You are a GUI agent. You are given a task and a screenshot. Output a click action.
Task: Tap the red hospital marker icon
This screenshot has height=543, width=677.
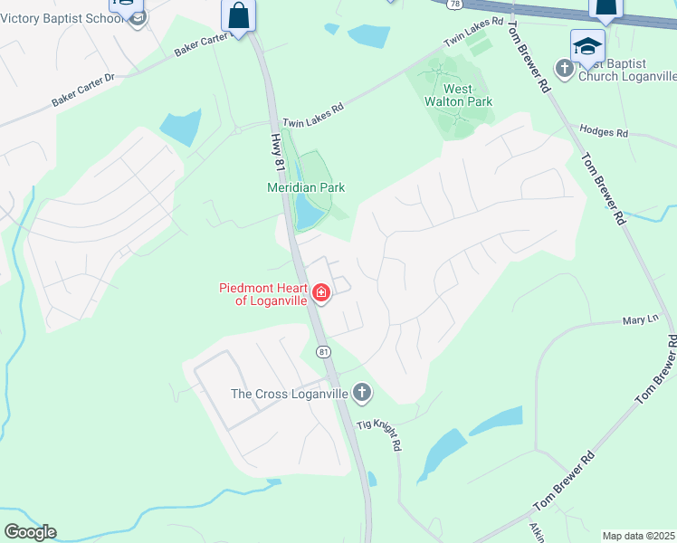click(321, 292)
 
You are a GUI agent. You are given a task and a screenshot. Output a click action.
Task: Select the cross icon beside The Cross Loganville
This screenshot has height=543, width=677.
click(362, 392)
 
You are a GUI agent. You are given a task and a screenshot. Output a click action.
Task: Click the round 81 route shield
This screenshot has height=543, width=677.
click(322, 350)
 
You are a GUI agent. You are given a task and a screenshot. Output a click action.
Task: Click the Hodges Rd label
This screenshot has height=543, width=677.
click(604, 131)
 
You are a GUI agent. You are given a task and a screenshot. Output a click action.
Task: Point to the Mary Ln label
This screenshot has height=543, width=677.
click(637, 320)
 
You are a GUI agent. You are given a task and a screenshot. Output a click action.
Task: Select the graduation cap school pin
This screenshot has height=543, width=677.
click(586, 46)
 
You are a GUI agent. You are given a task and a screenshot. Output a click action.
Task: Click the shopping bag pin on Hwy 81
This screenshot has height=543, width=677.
click(239, 14)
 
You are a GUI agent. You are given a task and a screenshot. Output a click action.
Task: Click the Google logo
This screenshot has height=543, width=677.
click(30, 532)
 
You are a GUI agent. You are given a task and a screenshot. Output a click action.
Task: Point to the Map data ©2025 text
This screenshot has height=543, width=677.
click(637, 536)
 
